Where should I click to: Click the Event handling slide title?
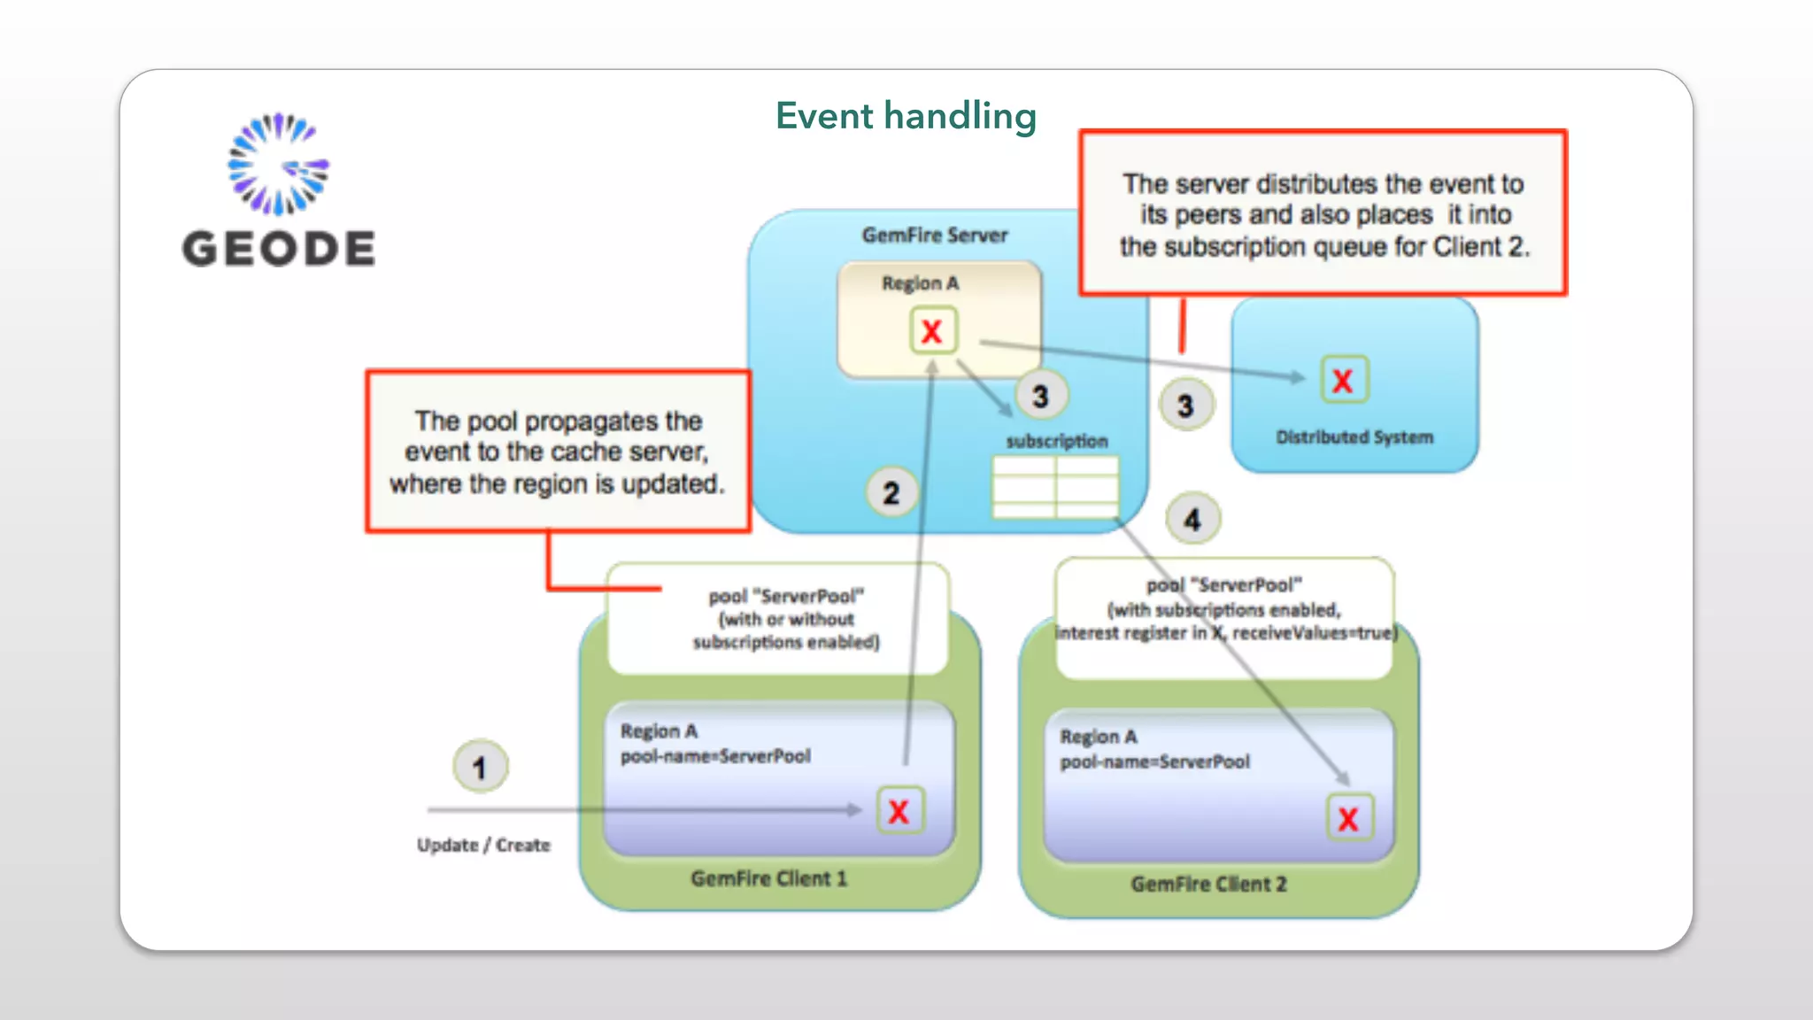[x=906, y=116]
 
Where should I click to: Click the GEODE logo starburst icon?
[x=278, y=165]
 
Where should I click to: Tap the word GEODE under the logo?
[x=279, y=249]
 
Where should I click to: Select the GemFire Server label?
[x=935, y=236]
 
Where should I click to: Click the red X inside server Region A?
[x=932, y=331]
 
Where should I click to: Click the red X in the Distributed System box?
[x=1343, y=381]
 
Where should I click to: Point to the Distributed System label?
[x=1354, y=437]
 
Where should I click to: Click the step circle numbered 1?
[x=480, y=767]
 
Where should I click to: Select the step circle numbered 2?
[x=891, y=492]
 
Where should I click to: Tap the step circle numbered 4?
[x=1192, y=519]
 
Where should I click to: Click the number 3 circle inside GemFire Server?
[x=1040, y=396]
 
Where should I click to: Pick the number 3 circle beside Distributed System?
[x=1185, y=406]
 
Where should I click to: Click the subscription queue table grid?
[x=1055, y=487]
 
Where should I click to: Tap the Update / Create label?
[x=483, y=846]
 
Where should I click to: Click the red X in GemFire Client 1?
[x=899, y=811]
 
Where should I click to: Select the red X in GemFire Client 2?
[x=1348, y=818]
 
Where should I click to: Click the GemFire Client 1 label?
[x=768, y=879]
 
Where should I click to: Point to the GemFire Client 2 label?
[x=1208, y=885]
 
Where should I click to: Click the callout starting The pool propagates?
[x=558, y=452]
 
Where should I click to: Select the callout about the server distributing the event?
[x=1323, y=214]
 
